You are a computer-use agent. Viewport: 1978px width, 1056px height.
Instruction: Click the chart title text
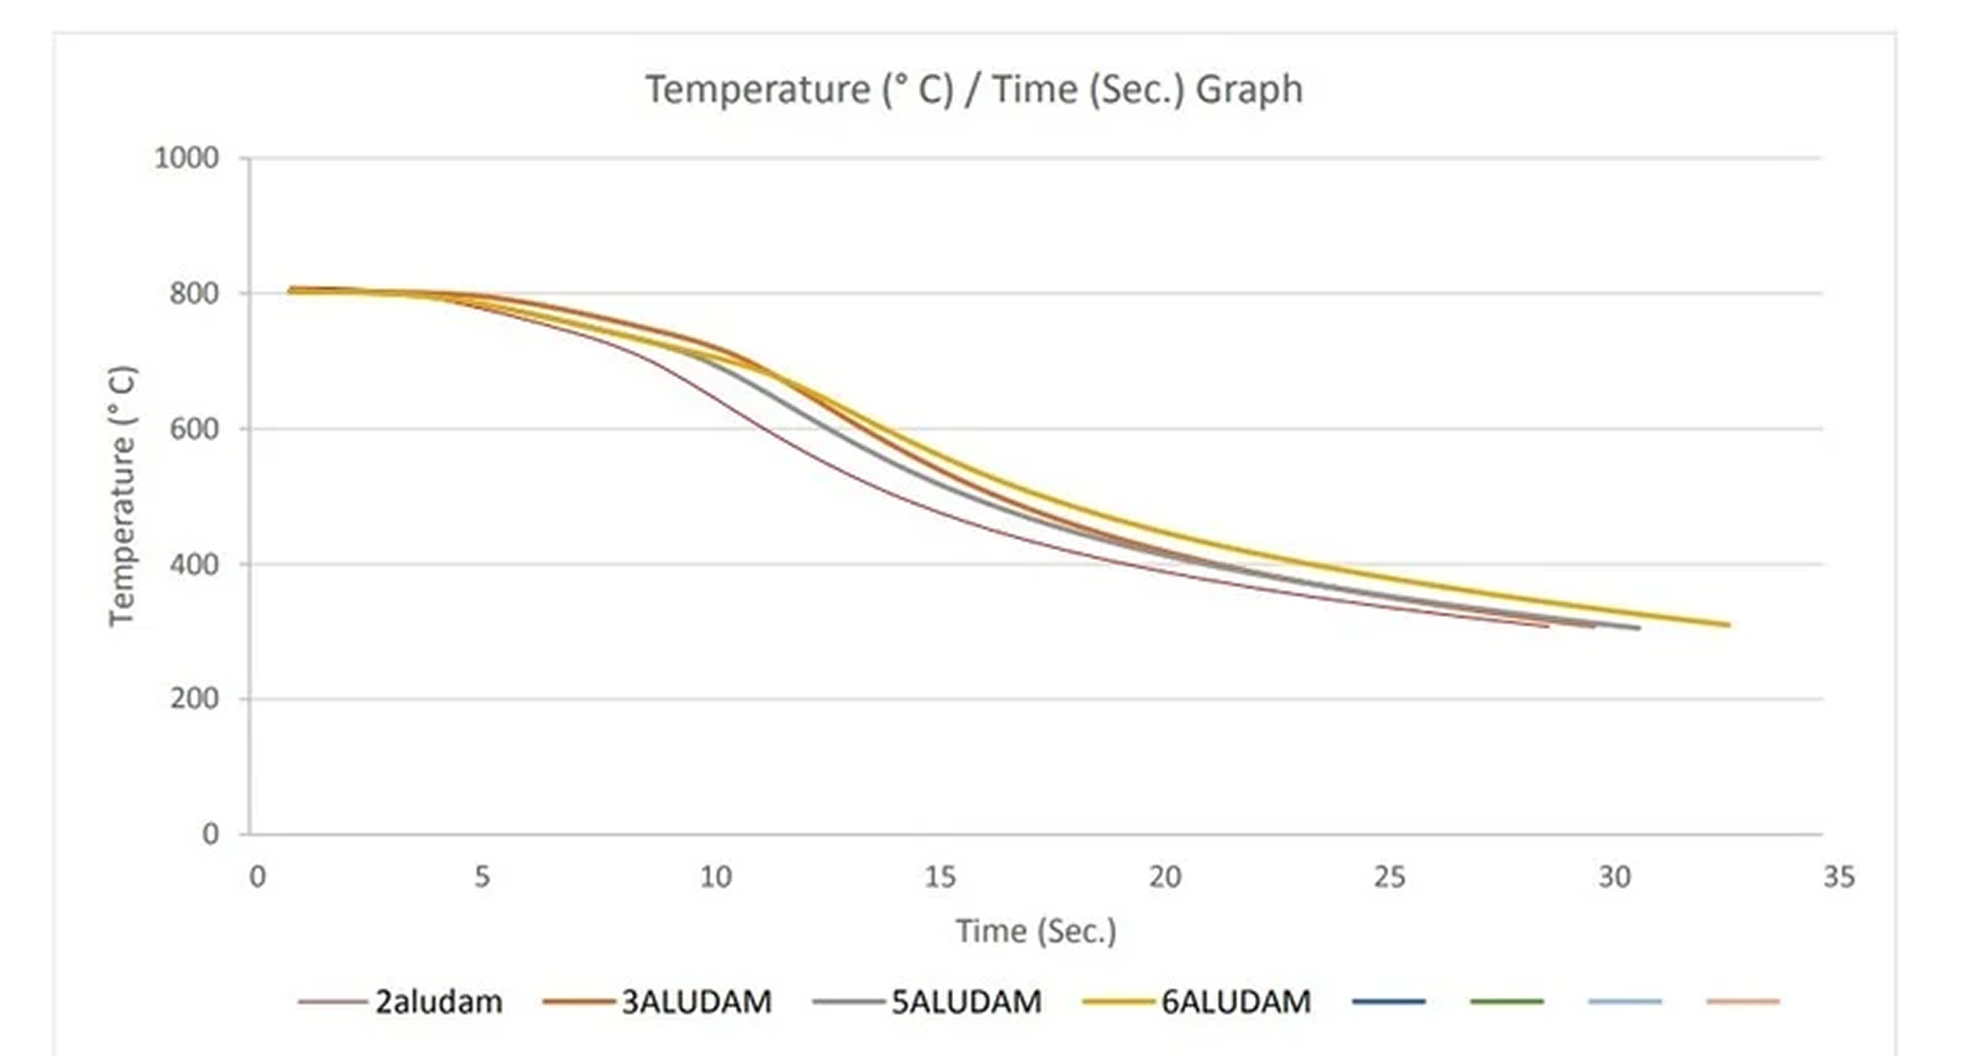[x=974, y=89]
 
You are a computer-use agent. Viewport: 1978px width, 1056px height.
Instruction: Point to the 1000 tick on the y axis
[x=187, y=158]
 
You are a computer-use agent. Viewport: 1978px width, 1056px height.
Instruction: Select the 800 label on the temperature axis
[x=193, y=294]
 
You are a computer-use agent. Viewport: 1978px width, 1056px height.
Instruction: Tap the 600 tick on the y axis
[x=193, y=428]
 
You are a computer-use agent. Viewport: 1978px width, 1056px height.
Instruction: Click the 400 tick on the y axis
[x=193, y=564]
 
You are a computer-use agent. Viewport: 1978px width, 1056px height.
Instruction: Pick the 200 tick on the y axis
[x=193, y=699]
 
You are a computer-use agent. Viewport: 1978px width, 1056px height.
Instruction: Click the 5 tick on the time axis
[x=482, y=876]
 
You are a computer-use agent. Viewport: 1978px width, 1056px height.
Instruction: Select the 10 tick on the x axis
[x=715, y=876]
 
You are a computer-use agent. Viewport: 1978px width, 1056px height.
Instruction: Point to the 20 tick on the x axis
[x=1165, y=876]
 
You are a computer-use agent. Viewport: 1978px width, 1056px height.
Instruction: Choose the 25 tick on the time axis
[x=1390, y=876]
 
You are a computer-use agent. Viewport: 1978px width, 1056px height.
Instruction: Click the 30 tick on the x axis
[x=1615, y=876]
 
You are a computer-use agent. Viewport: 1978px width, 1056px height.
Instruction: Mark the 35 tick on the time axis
[x=1839, y=876]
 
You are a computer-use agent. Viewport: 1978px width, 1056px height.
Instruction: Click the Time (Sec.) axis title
[x=1036, y=931]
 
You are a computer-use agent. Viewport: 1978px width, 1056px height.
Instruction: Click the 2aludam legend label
[x=438, y=1002]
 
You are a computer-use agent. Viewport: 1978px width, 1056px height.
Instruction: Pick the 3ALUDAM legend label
[x=697, y=1002]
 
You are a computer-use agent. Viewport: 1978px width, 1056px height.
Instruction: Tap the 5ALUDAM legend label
[x=966, y=1002]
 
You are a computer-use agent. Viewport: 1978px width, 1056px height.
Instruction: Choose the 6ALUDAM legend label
[x=1236, y=1002]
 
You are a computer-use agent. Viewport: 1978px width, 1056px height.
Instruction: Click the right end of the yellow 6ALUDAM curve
[x=1728, y=624]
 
